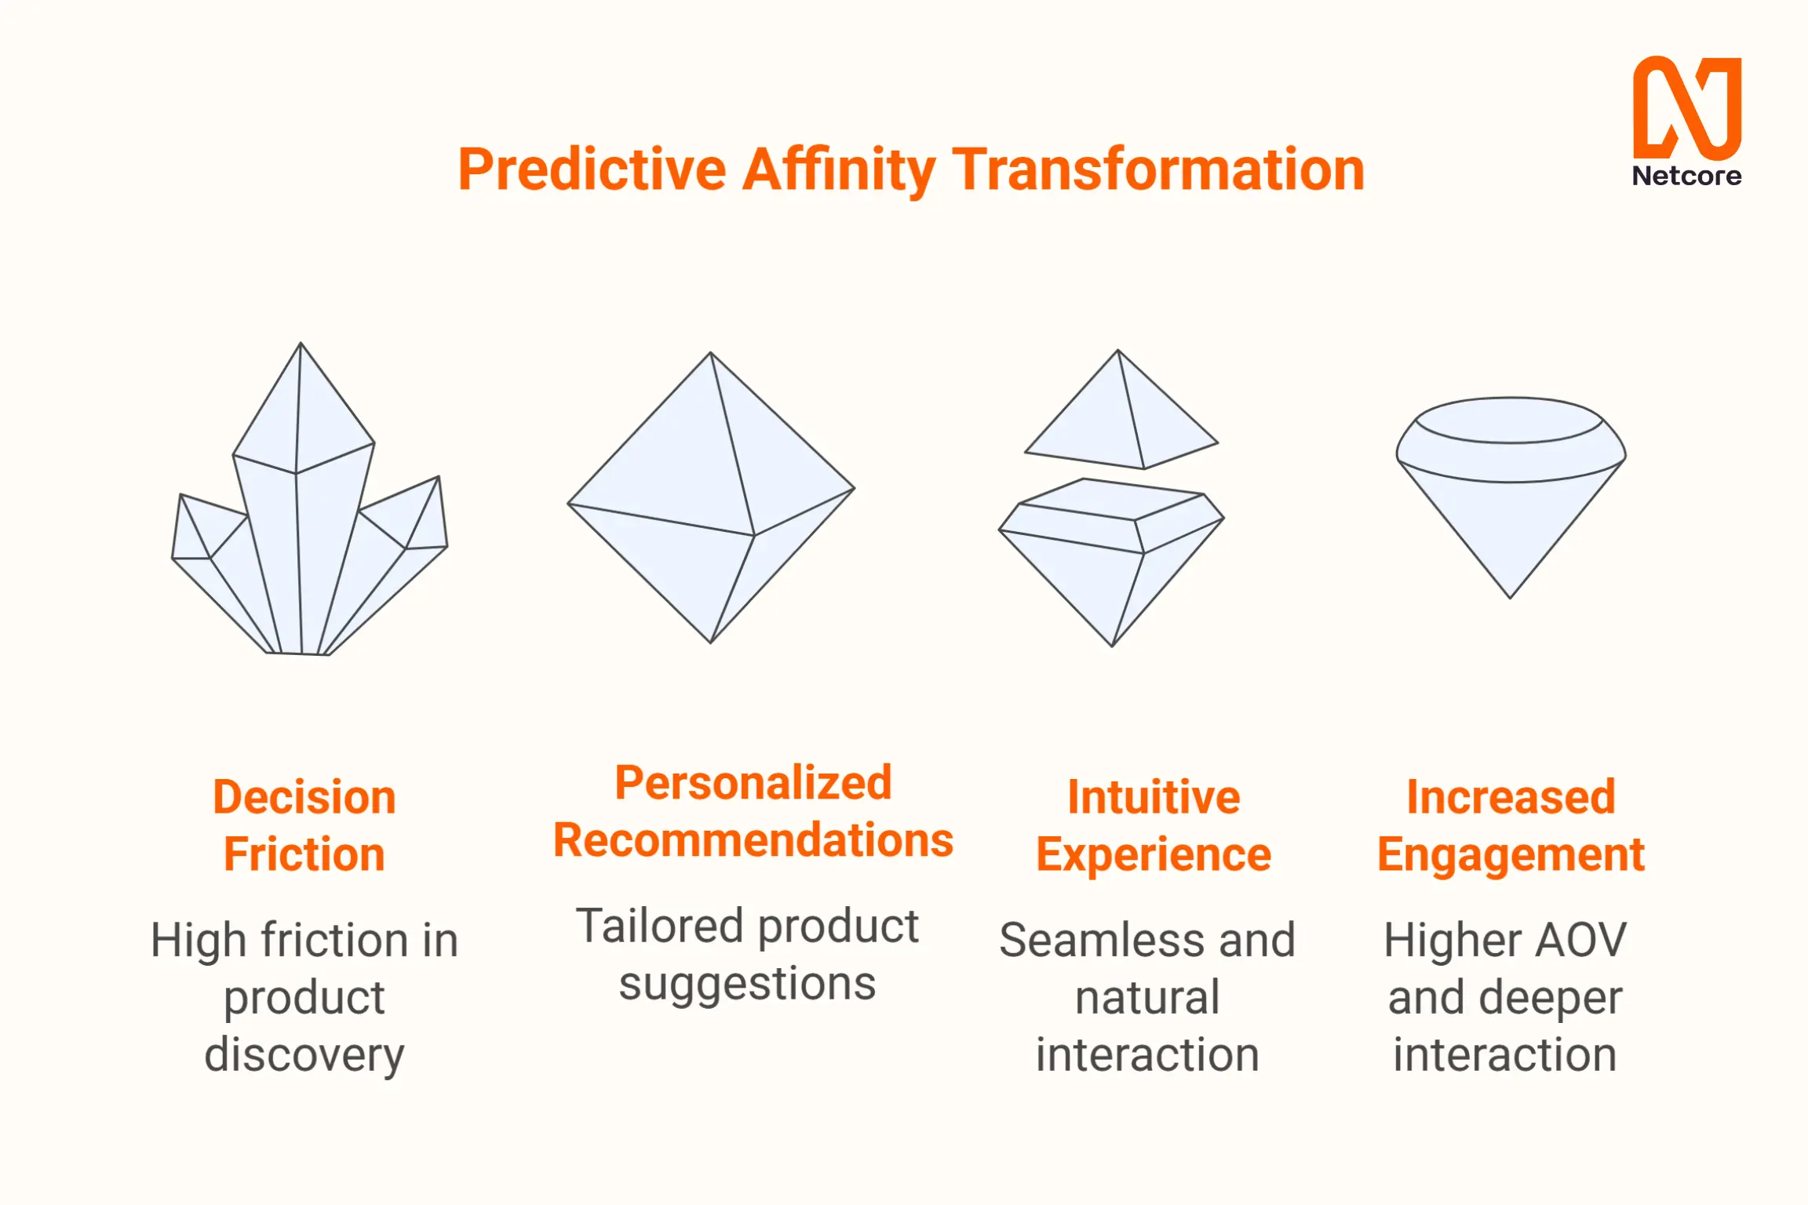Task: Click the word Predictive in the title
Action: (592, 169)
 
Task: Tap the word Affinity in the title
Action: (839, 169)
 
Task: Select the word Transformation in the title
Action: (1158, 169)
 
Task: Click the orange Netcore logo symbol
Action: (1687, 108)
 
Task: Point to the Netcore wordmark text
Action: (1687, 176)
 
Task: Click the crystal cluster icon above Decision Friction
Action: (309, 499)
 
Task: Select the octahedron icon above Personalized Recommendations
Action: (711, 497)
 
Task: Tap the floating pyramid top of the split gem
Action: (1121, 410)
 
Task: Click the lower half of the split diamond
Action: (1111, 562)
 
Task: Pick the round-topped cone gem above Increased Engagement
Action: (1511, 497)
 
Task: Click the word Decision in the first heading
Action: (304, 798)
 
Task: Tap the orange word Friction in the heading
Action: (304, 854)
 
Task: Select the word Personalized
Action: (753, 784)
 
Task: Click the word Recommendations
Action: (753, 840)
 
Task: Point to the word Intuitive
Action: (1154, 798)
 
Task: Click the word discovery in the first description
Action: (304, 1055)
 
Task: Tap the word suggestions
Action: (747, 985)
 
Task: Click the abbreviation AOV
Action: (1582, 941)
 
